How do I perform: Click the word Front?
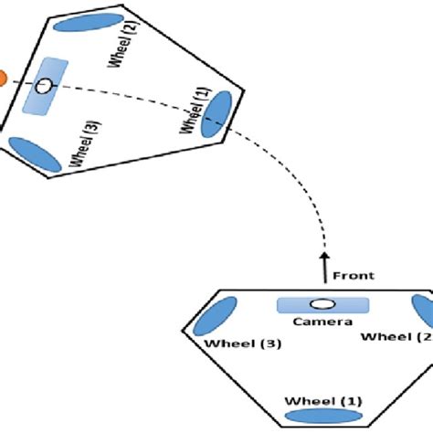354,275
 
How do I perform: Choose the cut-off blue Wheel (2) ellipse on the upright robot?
423,313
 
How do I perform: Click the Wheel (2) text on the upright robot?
396,336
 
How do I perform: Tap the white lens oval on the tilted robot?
43,87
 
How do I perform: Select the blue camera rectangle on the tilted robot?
45,87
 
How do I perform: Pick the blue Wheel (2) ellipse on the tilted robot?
79,22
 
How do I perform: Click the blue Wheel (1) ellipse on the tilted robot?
217,116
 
